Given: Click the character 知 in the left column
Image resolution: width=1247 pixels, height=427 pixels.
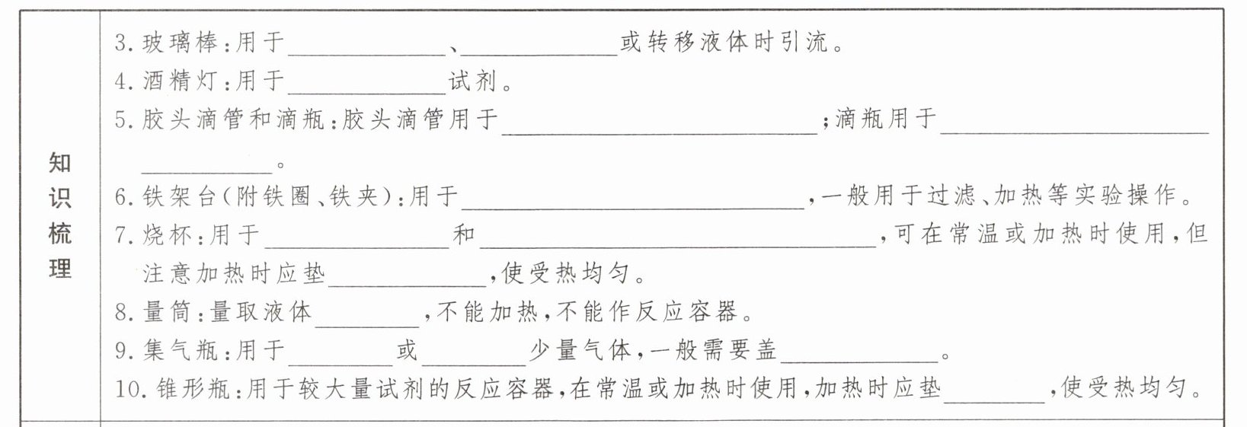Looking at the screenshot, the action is coord(60,162).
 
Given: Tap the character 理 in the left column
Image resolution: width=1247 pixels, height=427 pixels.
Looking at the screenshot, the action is coord(60,268).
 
